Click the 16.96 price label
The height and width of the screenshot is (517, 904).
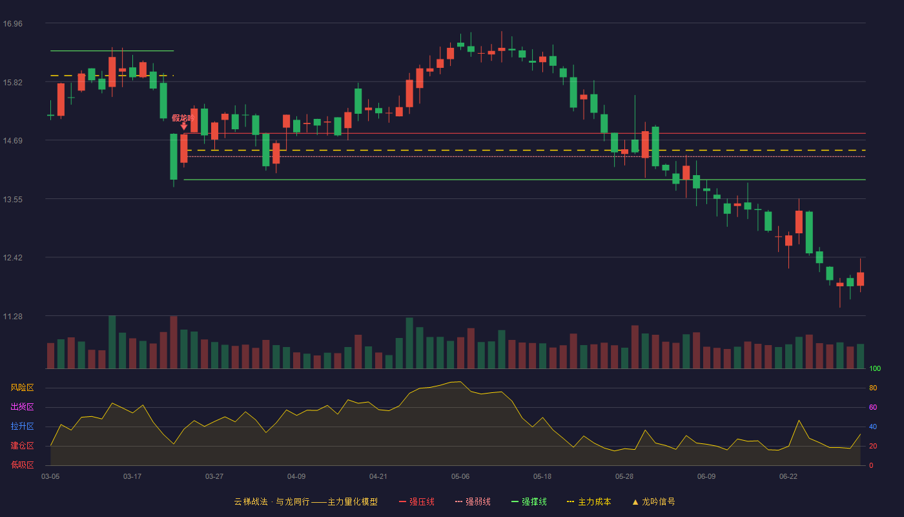[12, 24]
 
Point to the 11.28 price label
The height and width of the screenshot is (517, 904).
[12, 316]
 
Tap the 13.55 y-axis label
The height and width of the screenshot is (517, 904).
[12, 200]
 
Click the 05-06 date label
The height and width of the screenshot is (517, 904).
[460, 477]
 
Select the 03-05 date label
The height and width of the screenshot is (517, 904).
[50, 477]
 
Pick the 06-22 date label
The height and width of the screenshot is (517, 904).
[788, 477]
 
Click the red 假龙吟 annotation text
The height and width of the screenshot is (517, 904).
[183, 118]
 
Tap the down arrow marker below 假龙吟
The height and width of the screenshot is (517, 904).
[183, 127]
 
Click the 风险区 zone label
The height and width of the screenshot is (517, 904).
[22, 388]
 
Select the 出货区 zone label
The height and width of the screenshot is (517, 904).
[22, 406]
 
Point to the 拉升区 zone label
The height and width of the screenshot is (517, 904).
[22, 426]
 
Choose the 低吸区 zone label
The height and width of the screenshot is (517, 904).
[22, 465]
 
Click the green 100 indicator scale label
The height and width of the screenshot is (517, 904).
[875, 368]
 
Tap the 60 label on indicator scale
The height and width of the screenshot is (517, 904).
[873, 407]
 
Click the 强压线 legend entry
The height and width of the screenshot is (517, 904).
[416, 501]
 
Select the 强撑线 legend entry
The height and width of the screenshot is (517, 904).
[529, 501]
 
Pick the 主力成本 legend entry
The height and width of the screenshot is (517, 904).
[589, 501]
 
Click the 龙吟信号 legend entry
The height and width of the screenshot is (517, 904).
[653, 501]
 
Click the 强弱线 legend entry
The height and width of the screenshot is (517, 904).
[473, 501]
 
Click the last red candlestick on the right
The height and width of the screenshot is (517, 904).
[860, 279]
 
